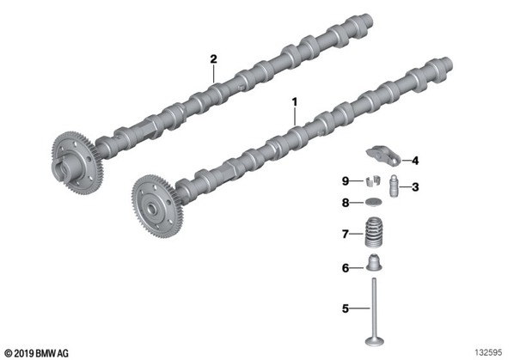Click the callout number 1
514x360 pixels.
pyautogui.click(x=295, y=102)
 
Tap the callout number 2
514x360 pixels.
pyautogui.click(x=213, y=59)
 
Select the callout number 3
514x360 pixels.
pyautogui.click(x=415, y=187)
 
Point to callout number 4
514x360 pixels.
pyautogui.click(x=415, y=161)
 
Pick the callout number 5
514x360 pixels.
pyautogui.click(x=346, y=308)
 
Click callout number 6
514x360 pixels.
pyautogui.click(x=346, y=268)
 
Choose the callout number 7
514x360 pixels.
pyautogui.click(x=346, y=235)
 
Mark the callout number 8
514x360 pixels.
pyautogui.click(x=346, y=203)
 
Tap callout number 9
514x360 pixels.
pyautogui.click(x=346, y=180)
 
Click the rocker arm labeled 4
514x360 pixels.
pyautogui.click(x=383, y=156)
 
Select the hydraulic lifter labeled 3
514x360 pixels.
pyautogui.click(x=394, y=186)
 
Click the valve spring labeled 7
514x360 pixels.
pyautogui.click(x=374, y=234)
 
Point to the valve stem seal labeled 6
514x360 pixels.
pyautogui.click(x=374, y=263)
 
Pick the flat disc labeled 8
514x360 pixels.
pyautogui.click(x=374, y=202)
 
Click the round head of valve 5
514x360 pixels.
pyautogui.click(x=375, y=340)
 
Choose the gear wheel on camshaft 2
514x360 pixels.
pyautogui.click(x=77, y=162)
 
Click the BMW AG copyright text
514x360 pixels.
pyautogui.click(x=37, y=353)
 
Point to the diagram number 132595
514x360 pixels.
pyautogui.click(x=488, y=353)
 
